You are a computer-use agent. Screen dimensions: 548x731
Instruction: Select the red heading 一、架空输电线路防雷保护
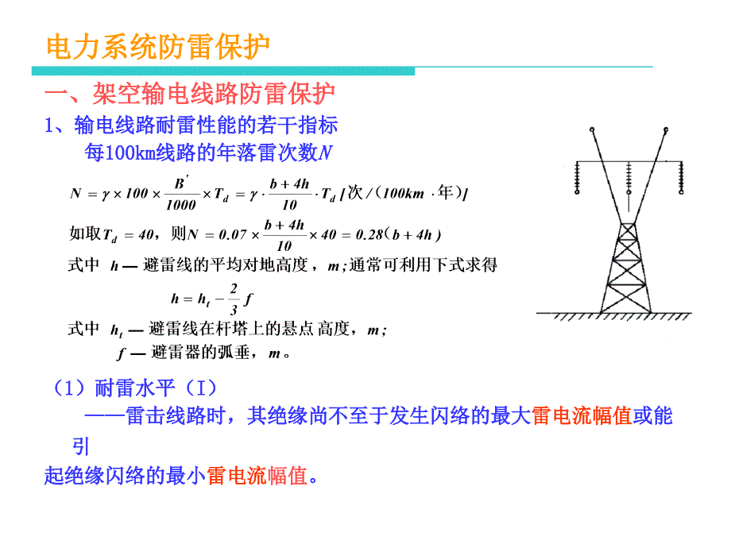click(188, 95)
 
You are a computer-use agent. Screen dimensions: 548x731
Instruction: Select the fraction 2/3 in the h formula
click(234, 299)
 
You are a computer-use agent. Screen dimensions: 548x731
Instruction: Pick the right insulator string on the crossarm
click(680, 178)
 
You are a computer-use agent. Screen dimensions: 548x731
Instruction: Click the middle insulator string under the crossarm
click(628, 179)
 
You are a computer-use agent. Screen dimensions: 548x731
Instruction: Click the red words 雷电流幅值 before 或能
click(582, 415)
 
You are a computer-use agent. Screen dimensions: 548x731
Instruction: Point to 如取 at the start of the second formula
click(84, 234)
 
